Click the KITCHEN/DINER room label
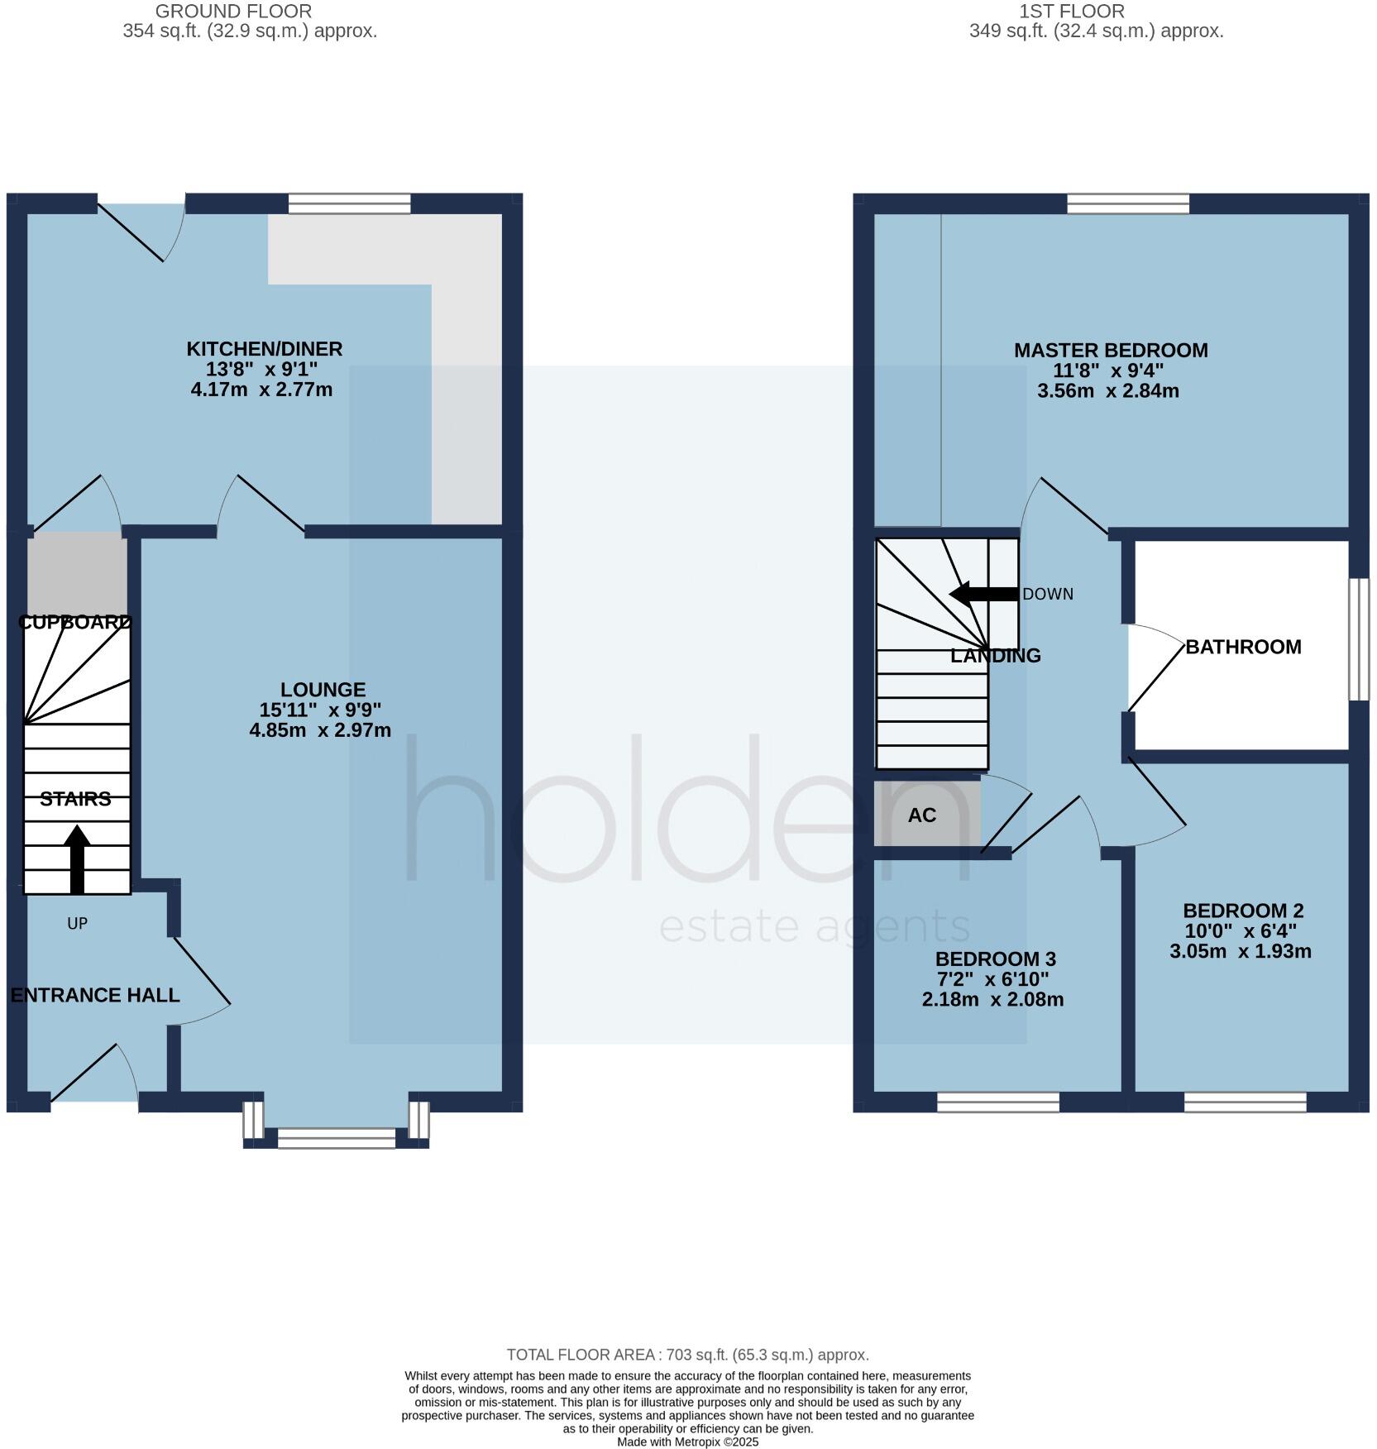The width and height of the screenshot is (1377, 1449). click(x=264, y=349)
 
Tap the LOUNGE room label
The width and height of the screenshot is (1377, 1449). click(x=323, y=690)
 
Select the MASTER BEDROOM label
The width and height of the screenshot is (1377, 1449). click(x=1111, y=351)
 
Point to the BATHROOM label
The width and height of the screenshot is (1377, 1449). click(x=1243, y=647)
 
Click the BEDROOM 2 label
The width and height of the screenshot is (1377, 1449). click(x=1243, y=911)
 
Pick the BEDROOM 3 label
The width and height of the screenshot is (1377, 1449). click(x=995, y=959)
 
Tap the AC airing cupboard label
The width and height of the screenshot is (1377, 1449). click(x=922, y=815)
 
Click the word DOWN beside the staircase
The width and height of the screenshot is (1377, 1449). click(x=1048, y=595)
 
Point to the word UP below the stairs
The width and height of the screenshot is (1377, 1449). click(x=77, y=924)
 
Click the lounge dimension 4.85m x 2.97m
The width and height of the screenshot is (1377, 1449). click(x=320, y=730)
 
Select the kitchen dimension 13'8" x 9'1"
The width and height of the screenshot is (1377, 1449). click(x=262, y=370)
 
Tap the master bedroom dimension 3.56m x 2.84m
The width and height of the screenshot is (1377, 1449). click(x=1108, y=391)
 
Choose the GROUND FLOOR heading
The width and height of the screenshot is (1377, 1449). click(x=234, y=12)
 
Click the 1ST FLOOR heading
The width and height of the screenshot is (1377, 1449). click(x=1072, y=12)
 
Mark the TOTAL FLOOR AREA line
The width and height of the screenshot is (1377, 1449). click(x=687, y=1355)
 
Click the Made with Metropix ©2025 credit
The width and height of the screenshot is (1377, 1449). click(x=687, y=1442)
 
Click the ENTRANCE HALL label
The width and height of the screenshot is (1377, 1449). click(x=95, y=995)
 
